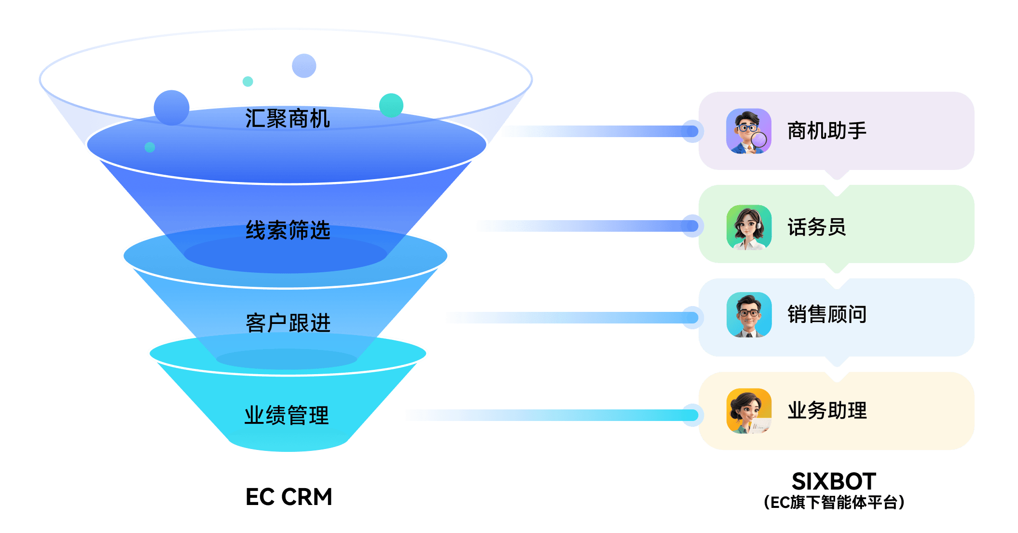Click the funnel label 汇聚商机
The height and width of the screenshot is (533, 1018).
pos(288,119)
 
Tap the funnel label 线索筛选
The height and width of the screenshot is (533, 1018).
pos(288,230)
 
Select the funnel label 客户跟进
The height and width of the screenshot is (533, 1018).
pos(288,323)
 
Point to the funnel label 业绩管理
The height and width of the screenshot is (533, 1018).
pos(287,415)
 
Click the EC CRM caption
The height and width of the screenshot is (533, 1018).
pos(289,497)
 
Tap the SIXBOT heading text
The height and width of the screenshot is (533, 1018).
pos(834,481)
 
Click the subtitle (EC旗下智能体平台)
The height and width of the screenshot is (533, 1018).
pos(834,503)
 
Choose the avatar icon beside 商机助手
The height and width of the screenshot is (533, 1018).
pos(749,131)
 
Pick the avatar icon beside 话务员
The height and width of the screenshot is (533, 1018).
pos(749,227)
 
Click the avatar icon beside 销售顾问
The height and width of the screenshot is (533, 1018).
pos(749,315)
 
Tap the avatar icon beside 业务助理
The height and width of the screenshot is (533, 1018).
pos(749,411)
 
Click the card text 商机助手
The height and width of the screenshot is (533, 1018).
pos(827,131)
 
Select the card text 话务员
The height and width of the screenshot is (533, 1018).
pos(817,227)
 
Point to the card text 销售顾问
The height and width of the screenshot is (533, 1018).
pos(827,314)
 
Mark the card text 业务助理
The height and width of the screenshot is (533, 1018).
pos(827,411)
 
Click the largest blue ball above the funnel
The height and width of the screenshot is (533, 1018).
pos(171,108)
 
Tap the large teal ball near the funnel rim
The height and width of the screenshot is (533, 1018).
pos(391,105)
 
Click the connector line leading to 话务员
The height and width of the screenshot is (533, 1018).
pos(579,226)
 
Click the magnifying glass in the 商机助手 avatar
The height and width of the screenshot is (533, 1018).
pos(759,140)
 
